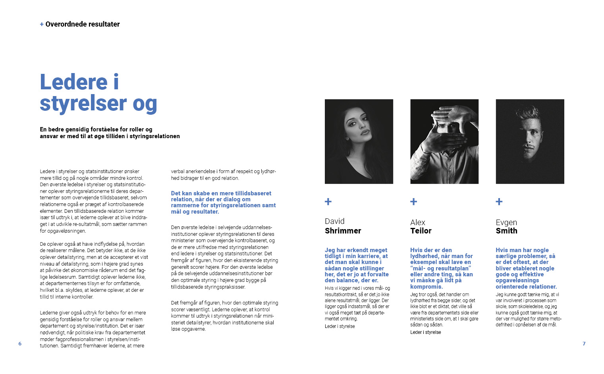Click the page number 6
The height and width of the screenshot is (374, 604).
[x=20, y=344]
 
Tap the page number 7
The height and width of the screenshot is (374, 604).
[x=584, y=344]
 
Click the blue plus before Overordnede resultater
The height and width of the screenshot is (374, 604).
[x=42, y=24]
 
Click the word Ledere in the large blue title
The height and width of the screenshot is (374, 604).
[x=74, y=82]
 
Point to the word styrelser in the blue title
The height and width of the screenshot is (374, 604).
[x=83, y=103]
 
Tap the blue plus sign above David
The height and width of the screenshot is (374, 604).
[x=328, y=202]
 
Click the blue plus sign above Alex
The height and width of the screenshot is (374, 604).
[x=413, y=202]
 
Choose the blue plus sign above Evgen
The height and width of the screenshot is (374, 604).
[x=499, y=202]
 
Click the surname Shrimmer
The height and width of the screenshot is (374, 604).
[x=343, y=231]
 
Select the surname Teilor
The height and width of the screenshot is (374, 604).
[x=421, y=231]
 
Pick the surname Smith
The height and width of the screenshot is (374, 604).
[x=507, y=231]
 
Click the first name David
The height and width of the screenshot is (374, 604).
[x=335, y=222]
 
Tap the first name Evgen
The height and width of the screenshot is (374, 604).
[x=506, y=222]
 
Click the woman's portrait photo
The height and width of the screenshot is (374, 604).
[x=359, y=141]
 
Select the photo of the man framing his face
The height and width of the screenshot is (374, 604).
[x=444, y=141]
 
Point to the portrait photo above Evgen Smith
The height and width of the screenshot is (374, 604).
[x=530, y=141]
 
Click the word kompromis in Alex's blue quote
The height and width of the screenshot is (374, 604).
[x=426, y=287]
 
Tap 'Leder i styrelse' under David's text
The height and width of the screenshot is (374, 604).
[x=340, y=326]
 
